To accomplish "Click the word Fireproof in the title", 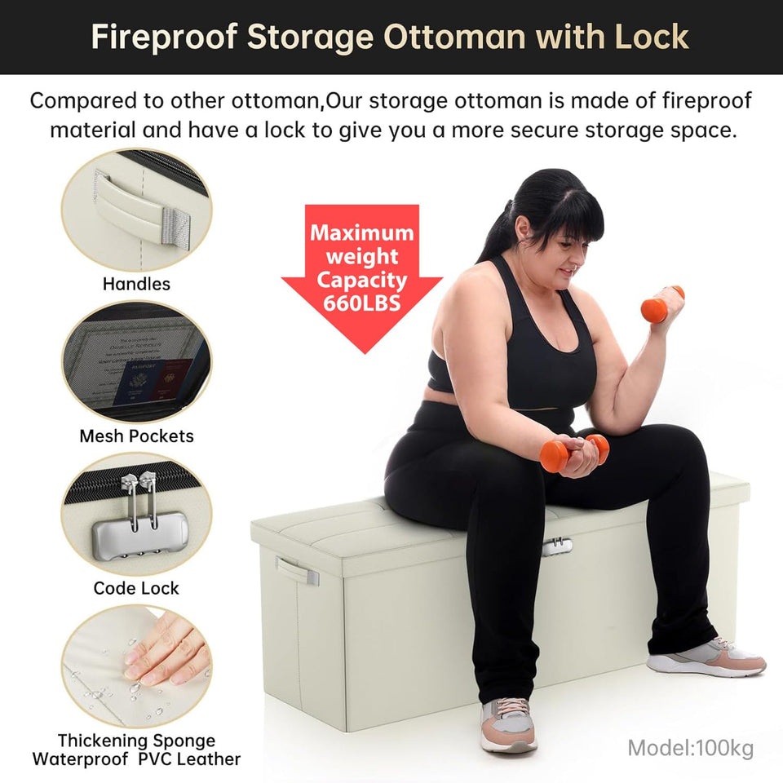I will point(162,38).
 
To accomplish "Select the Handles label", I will point(136,284).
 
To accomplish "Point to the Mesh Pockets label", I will point(136,436).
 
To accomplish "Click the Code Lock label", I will point(136,588).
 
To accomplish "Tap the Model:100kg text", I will point(690,747).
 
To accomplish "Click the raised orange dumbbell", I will point(661,304).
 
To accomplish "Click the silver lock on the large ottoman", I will point(556,546).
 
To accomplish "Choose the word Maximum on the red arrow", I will point(361,233).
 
